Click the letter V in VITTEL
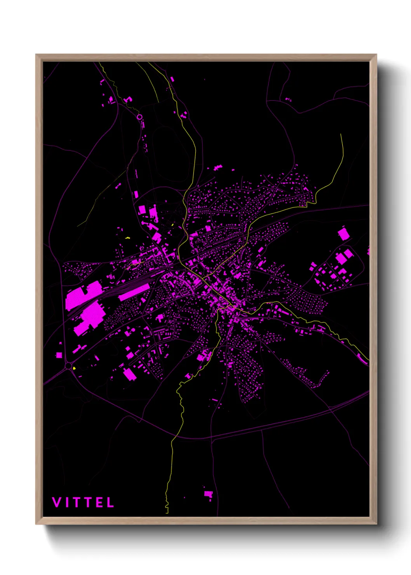57,502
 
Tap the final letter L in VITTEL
111,502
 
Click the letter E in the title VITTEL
99,502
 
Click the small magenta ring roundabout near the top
139,117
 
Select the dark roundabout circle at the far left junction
69,366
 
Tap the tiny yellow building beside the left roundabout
74,368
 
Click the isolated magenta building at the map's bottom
209,494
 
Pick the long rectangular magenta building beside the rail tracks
134,292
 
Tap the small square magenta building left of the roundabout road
59,355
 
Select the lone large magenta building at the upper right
343,234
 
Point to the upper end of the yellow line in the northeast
341,134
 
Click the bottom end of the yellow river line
167,512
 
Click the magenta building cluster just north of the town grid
218,168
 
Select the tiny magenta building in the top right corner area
288,99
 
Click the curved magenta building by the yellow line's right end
362,360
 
